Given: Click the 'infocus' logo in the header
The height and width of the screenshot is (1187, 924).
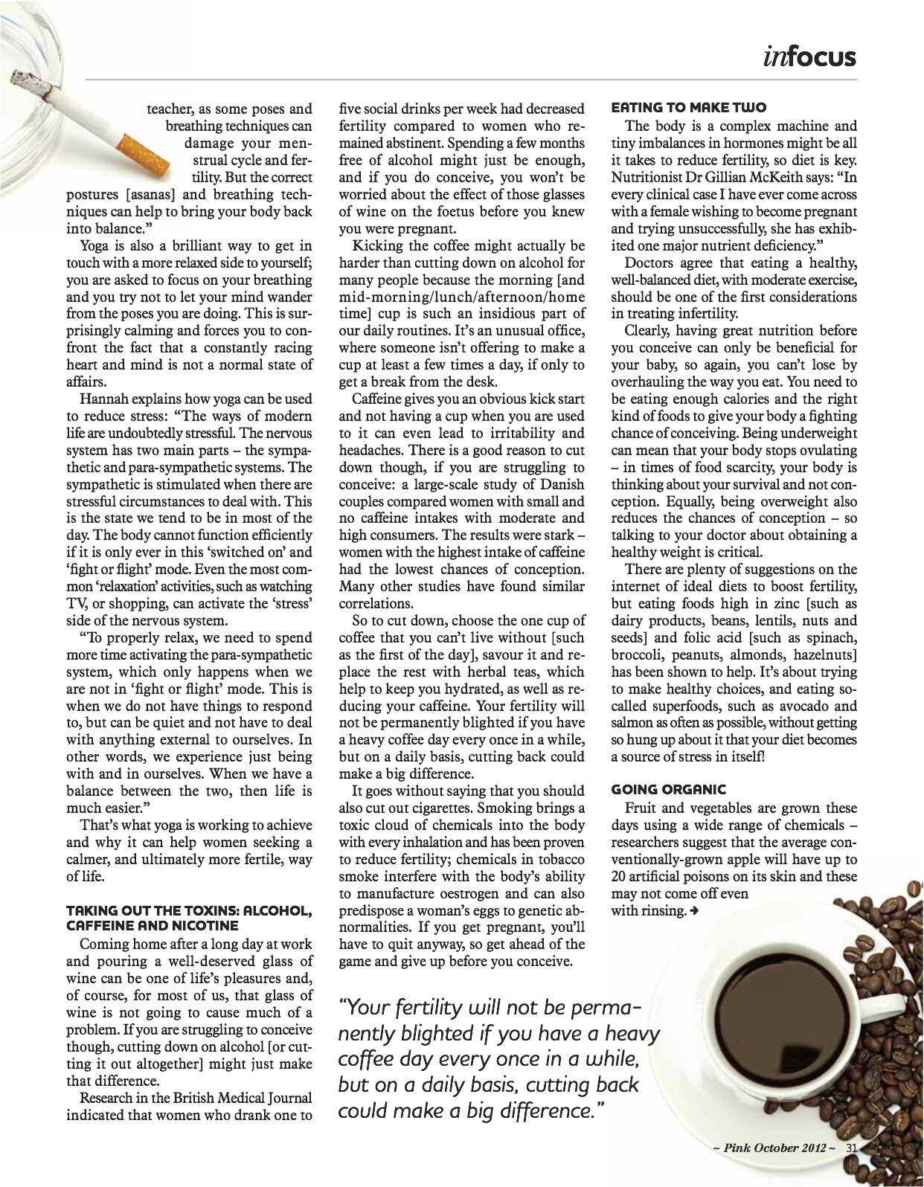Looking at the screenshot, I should [x=809, y=56].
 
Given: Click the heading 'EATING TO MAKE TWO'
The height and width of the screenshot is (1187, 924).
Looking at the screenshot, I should [x=688, y=109].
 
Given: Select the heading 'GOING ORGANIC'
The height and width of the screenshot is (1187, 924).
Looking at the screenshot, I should [x=668, y=790].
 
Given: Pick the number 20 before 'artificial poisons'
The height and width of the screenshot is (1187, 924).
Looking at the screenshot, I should [x=619, y=877].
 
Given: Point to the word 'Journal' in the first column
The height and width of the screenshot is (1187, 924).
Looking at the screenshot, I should [x=286, y=1098].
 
